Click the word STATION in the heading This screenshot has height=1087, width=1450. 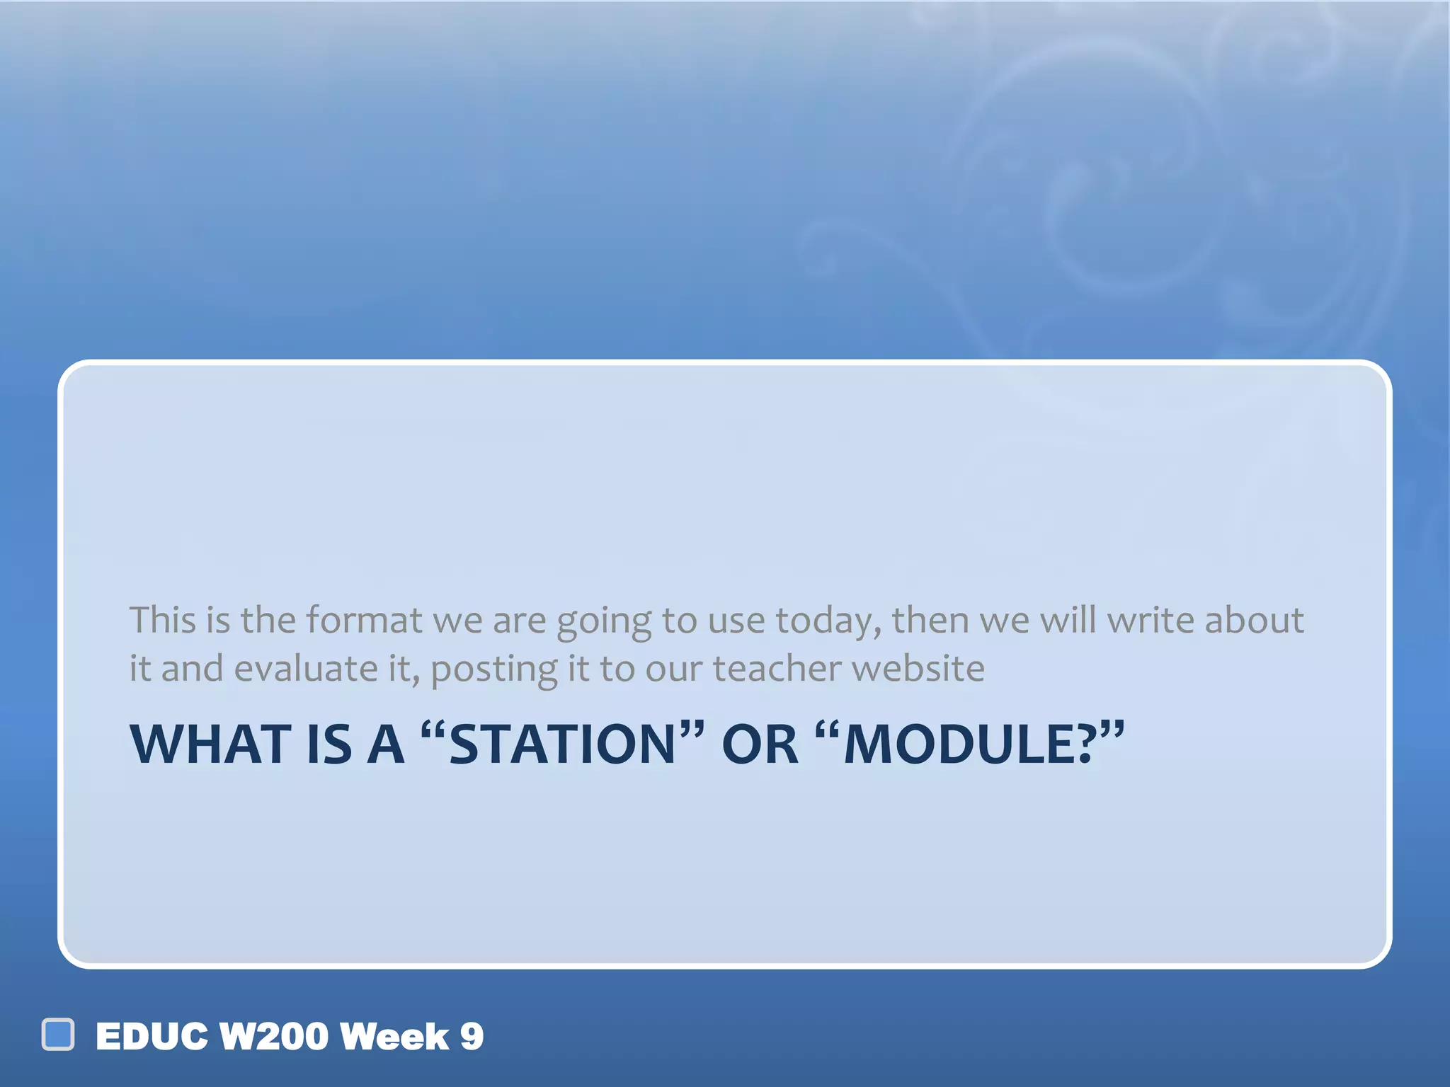(x=563, y=744)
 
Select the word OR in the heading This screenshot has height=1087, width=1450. (x=759, y=744)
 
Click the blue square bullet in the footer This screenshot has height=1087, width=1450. (x=58, y=1035)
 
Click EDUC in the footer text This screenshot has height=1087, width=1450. (x=152, y=1037)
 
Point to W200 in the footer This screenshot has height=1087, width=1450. (x=274, y=1037)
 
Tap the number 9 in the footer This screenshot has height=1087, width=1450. (x=472, y=1037)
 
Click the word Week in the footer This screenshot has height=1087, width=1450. (x=394, y=1037)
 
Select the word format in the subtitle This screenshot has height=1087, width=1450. (x=364, y=620)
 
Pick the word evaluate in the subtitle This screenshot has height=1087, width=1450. (x=306, y=669)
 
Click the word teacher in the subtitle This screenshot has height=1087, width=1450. (x=777, y=669)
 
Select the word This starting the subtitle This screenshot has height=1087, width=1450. (x=162, y=620)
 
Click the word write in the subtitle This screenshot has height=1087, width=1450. (x=1151, y=620)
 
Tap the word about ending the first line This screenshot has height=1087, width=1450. (x=1254, y=620)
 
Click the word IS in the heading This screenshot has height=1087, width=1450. (x=329, y=744)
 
